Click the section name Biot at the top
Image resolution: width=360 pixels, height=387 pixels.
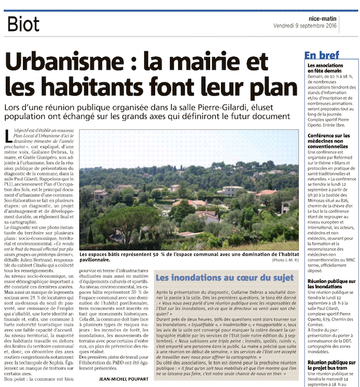(24, 24)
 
